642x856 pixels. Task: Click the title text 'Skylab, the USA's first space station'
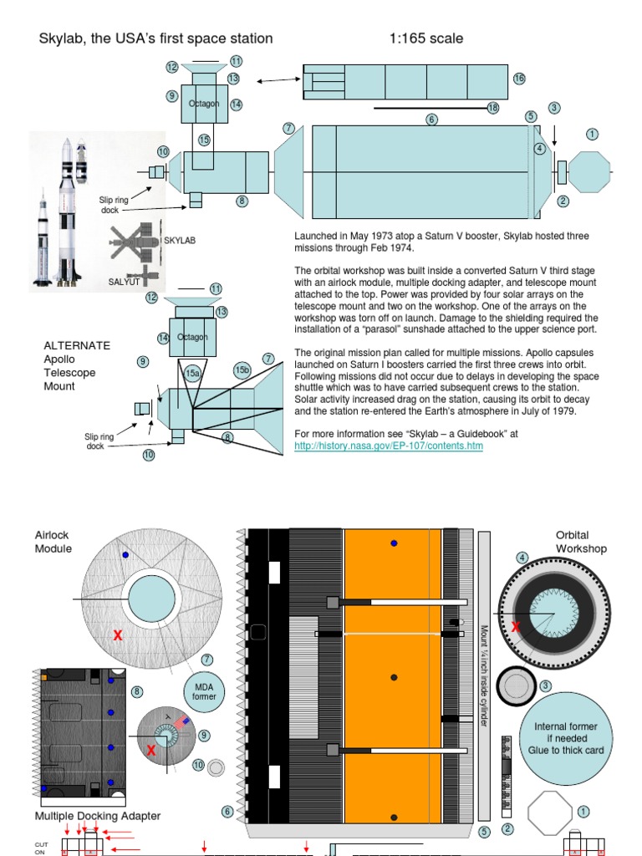(x=156, y=38)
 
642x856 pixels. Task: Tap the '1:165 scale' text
(x=426, y=38)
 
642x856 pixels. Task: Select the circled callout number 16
(x=519, y=79)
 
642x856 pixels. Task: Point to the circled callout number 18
(x=492, y=108)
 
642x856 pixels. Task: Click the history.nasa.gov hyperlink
(x=389, y=446)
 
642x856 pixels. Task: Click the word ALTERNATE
(x=77, y=345)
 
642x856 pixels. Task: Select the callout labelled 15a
(x=193, y=374)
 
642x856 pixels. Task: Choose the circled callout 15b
(x=242, y=370)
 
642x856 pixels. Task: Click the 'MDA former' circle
(x=204, y=690)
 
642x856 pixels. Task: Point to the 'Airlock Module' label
(x=53, y=542)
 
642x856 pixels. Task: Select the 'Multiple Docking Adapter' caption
(x=98, y=816)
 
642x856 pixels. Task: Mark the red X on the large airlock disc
(x=118, y=637)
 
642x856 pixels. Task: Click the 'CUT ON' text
(x=40, y=848)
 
